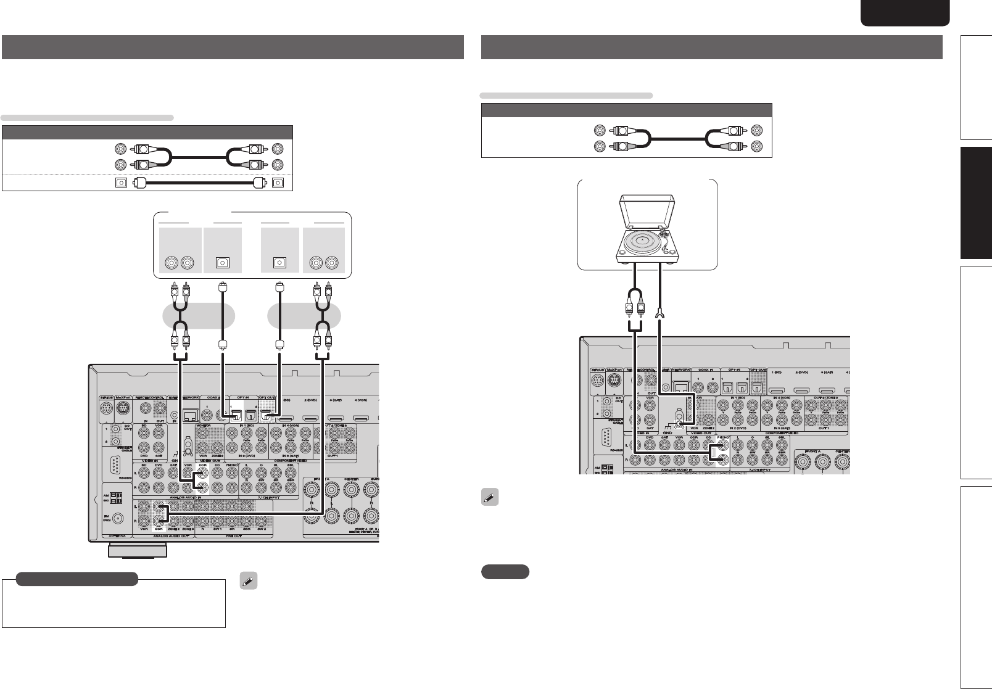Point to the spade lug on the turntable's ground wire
[x=659, y=316]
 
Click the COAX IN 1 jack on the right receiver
[x=699, y=388]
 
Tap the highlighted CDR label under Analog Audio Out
[x=159, y=529]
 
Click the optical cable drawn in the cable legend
[x=200, y=183]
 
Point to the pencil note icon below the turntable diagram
[x=490, y=498]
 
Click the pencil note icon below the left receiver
[x=247, y=580]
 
